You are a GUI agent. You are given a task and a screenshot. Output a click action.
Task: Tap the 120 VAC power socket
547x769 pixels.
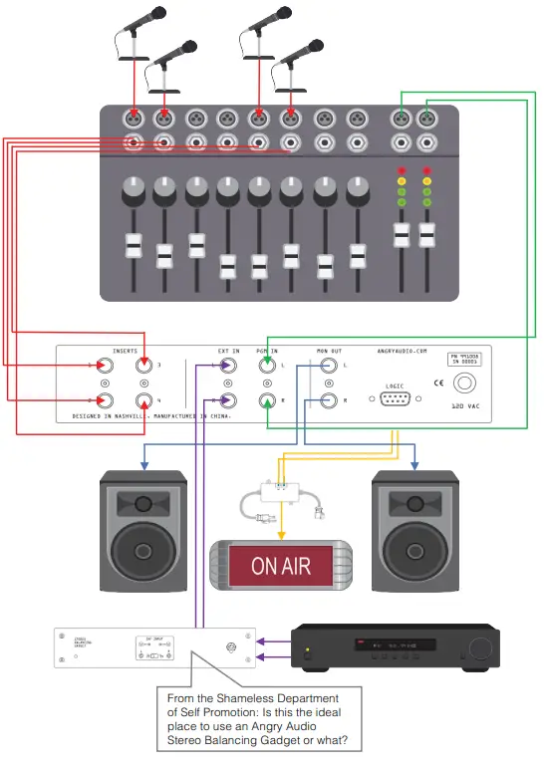tap(465, 383)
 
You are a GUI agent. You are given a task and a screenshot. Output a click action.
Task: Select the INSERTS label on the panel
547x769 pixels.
tap(118, 352)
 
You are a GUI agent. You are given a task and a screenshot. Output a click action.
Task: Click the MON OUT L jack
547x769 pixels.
tap(330, 367)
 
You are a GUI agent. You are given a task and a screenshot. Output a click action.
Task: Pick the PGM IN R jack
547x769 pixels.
tap(268, 401)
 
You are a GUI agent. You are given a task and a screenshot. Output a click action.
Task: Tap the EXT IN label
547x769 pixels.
tap(229, 352)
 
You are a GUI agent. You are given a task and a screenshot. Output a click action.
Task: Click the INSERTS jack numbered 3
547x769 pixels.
tap(145, 367)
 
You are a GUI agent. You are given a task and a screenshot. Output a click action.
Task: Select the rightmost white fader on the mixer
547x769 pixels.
tap(427, 235)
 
